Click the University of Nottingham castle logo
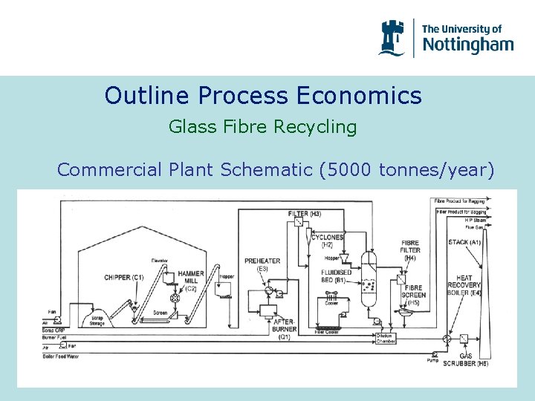[x=392, y=37]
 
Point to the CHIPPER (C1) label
[x=124, y=277]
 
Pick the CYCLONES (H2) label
[x=328, y=241]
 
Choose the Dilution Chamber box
[x=386, y=339]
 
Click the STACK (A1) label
[x=464, y=243]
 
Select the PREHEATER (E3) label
[x=262, y=264]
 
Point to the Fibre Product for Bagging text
[x=458, y=201]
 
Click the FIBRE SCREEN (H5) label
[x=414, y=295]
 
